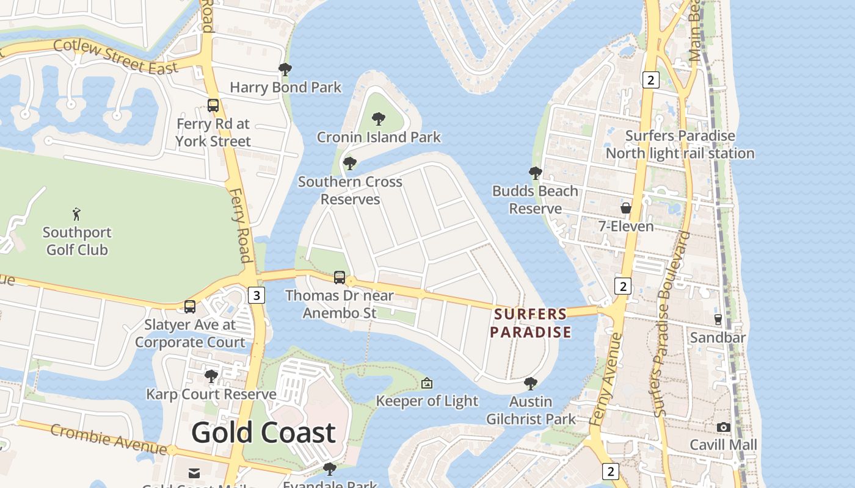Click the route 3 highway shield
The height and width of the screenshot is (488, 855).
click(x=256, y=296)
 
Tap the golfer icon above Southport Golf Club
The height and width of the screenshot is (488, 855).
click(x=76, y=214)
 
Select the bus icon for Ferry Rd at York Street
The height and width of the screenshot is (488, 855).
click(x=213, y=105)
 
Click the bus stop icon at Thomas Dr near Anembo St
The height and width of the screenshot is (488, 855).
click(x=340, y=278)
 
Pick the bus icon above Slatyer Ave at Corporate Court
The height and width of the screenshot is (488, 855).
click(x=190, y=306)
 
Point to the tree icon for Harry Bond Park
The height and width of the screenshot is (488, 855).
click(x=285, y=69)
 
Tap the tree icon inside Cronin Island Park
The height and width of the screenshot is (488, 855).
click(x=379, y=118)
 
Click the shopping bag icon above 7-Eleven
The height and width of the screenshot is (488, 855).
click(x=626, y=208)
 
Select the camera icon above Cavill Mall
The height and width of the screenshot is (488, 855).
click(x=724, y=427)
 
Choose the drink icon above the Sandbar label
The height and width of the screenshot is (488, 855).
click(x=718, y=319)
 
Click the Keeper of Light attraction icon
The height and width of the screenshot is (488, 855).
click(x=427, y=383)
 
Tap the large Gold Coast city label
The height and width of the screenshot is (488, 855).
click(x=263, y=432)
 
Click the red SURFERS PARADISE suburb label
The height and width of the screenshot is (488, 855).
click(x=531, y=323)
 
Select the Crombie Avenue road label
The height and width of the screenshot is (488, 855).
click(x=108, y=439)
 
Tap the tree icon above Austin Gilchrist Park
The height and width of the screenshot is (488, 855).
click(x=531, y=383)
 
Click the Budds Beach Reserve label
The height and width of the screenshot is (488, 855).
click(x=535, y=199)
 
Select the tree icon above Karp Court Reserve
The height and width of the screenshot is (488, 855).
click(x=211, y=376)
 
